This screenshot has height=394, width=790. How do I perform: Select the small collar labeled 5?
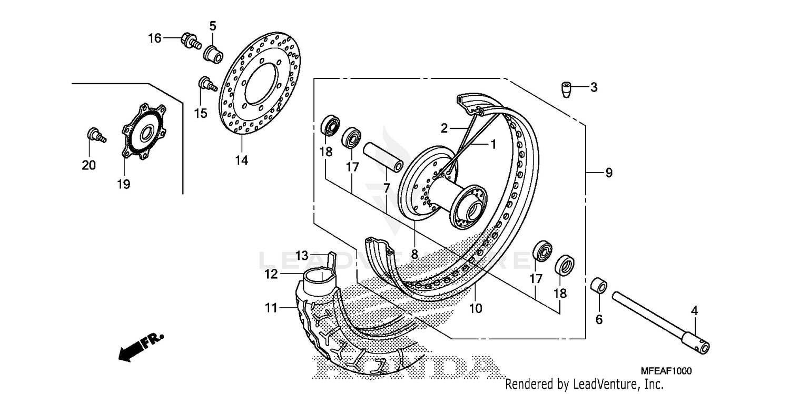[213, 53]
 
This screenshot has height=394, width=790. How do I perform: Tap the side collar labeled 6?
[600, 287]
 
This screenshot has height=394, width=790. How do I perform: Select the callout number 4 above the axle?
[694, 311]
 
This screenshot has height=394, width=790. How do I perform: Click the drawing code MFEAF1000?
[667, 371]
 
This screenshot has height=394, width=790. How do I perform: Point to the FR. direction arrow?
[140, 347]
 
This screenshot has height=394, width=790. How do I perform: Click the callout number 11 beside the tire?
[270, 308]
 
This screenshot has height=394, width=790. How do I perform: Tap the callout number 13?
[301, 256]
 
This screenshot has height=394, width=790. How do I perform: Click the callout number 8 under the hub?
[414, 254]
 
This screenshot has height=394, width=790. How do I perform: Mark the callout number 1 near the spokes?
[493, 144]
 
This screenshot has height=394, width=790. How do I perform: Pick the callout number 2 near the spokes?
[444, 128]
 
